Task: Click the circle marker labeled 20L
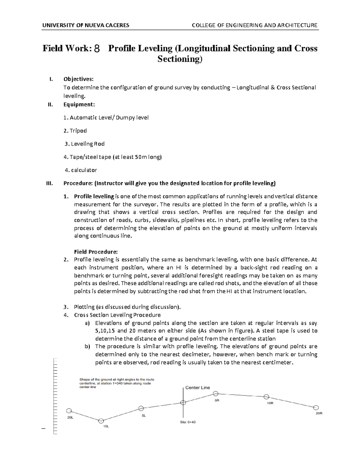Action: (x=69, y=411)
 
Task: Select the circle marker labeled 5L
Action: (x=141, y=408)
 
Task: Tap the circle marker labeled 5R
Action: (x=215, y=393)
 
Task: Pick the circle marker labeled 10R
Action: (x=266, y=397)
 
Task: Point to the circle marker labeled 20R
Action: (x=316, y=407)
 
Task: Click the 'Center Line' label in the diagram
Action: (x=197, y=387)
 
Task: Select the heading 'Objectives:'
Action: (x=78, y=79)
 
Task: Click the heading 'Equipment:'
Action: (x=79, y=104)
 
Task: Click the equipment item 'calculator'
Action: (x=84, y=170)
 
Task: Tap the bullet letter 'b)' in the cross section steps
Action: (x=87, y=347)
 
